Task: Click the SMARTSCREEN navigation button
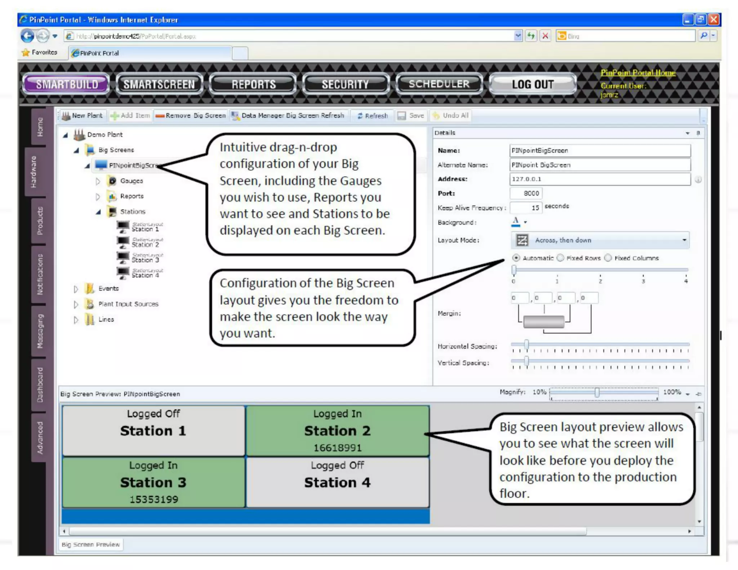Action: pyautogui.click(x=159, y=84)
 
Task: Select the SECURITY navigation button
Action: pyautogui.click(x=345, y=84)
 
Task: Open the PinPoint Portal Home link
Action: pyautogui.click(x=638, y=73)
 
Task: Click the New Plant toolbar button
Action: pyautogui.click(x=83, y=116)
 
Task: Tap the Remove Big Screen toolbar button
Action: pyautogui.click(x=191, y=116)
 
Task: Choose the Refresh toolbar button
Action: pyautogui.click(x=373, y=116)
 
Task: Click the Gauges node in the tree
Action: pyautogui.click(x=131, y=181)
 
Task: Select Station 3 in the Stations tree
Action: pyautogui.click(x=145, y=259)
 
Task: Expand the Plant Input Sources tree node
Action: pyautogui.click(x=76, y=304)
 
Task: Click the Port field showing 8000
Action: pyautogui.click(x=526, y=193)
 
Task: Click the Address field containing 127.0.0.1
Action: pyautogui.click(x=600, y=179)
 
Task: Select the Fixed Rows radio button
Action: pyautogui.click(x=561, y=258)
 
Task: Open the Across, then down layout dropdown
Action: pyautogui.click(x=600, y=240)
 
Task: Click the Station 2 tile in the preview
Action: pyautogui.click(x=337, y=431)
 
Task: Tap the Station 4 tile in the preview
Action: pyautogui.click(x=337, y=482)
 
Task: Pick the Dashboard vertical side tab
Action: pyautogui.click(x=39, y=384)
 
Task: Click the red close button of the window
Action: pyautogui.click(x=713, y=19)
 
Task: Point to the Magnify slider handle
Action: pyautogui.click(x=597, y=392)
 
